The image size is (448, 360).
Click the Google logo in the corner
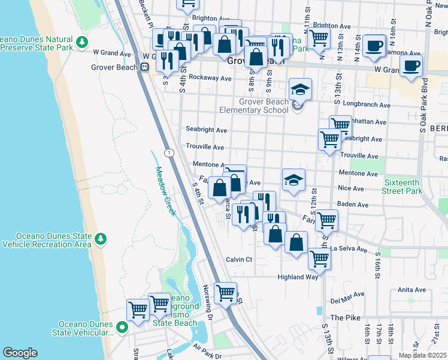[20, 353]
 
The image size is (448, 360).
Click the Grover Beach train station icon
[144, 67]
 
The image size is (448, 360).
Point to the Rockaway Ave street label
[210, 78]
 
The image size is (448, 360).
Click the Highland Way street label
[297, 277]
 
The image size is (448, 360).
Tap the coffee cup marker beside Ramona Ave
[374, 46]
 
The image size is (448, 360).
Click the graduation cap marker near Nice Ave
[293, 180]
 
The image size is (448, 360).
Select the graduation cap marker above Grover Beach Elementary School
[300, 90]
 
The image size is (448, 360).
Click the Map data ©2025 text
[422, 355]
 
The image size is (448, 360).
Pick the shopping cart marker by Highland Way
[319, 260]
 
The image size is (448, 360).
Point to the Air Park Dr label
[207, 350]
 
